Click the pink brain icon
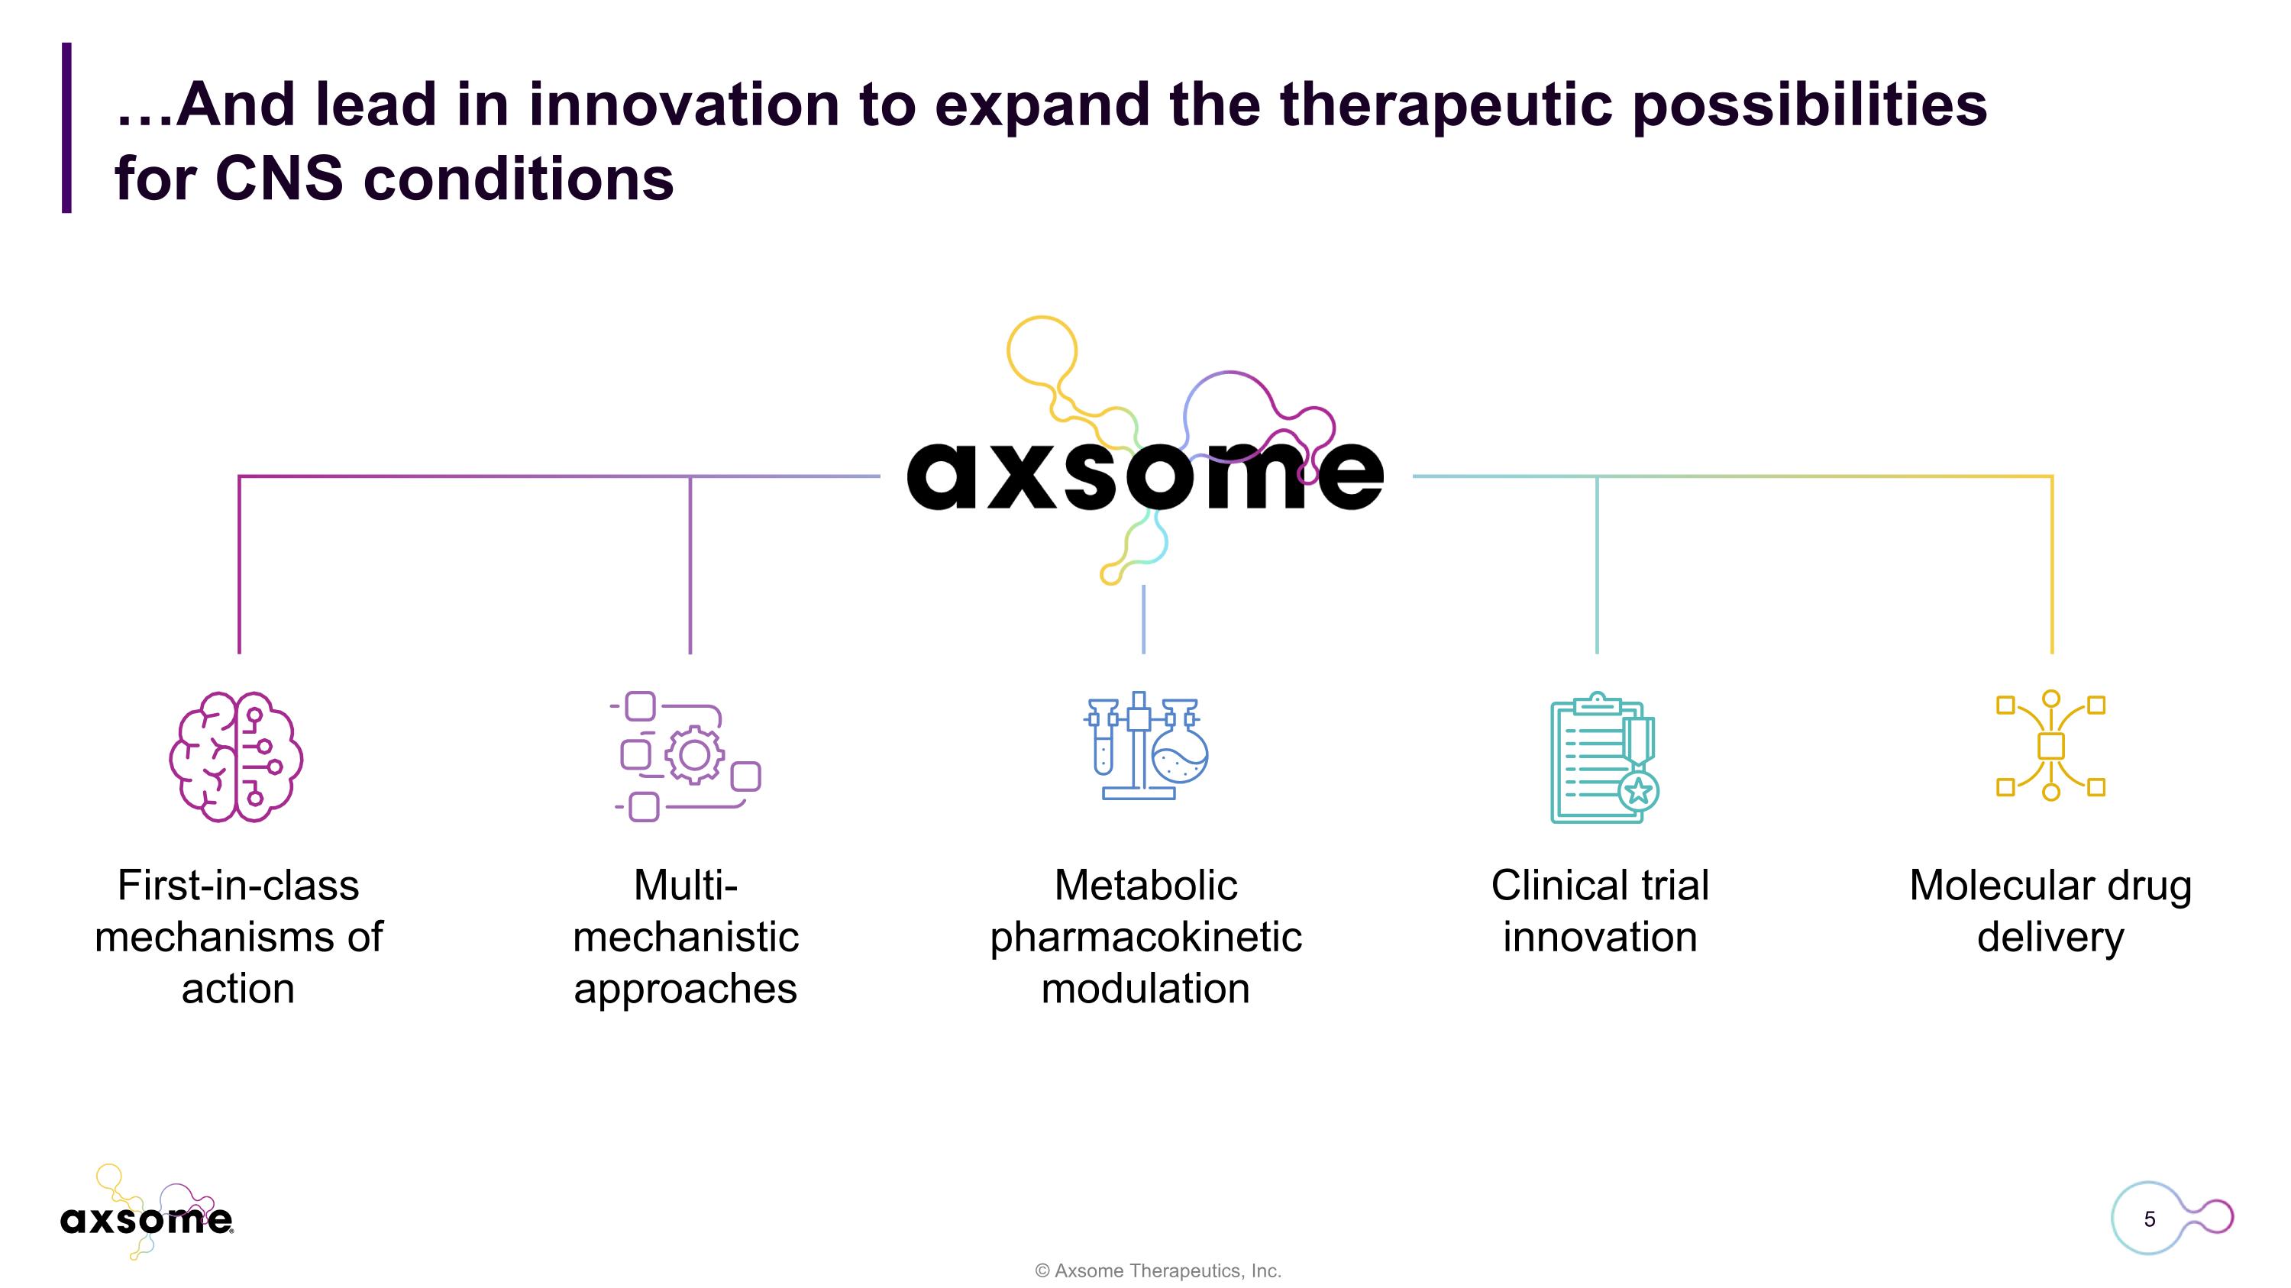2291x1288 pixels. pyautogui.click(x=236, y=757)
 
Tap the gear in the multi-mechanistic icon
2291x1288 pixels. pyautogui.click(x=693, y=756)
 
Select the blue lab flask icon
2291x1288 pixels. pyautogui.click(x=1145, y=747)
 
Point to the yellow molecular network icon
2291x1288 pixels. pyautogui.click(x=2051, y=747)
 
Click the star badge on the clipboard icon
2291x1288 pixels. pyautogui.click(x=1638, y=790)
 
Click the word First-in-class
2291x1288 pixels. pyautogui.click(x=238, y=886)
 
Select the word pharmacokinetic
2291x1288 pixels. pyautogui.click(x=1145, y=937)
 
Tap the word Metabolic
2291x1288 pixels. pyautogui.click(x=1145, y=886)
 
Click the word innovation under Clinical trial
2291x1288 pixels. pyautogui.click(x=1600, y=937)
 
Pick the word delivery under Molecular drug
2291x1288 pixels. pyautogui.click(x=2050, y=937)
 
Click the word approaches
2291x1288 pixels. pyautogui.click(x=685, y=989)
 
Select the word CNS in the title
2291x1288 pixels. pyautogui.click(x=279, y=179)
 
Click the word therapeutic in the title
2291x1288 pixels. pyautogui.click(x=1445, y=105)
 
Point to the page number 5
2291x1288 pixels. pyautogui.click(x=2150, y=1219)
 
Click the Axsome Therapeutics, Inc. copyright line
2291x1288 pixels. pyautogui.click(x=1158, y=1271)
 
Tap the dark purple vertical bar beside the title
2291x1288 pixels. pyautogui.click(x=66, y=127)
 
